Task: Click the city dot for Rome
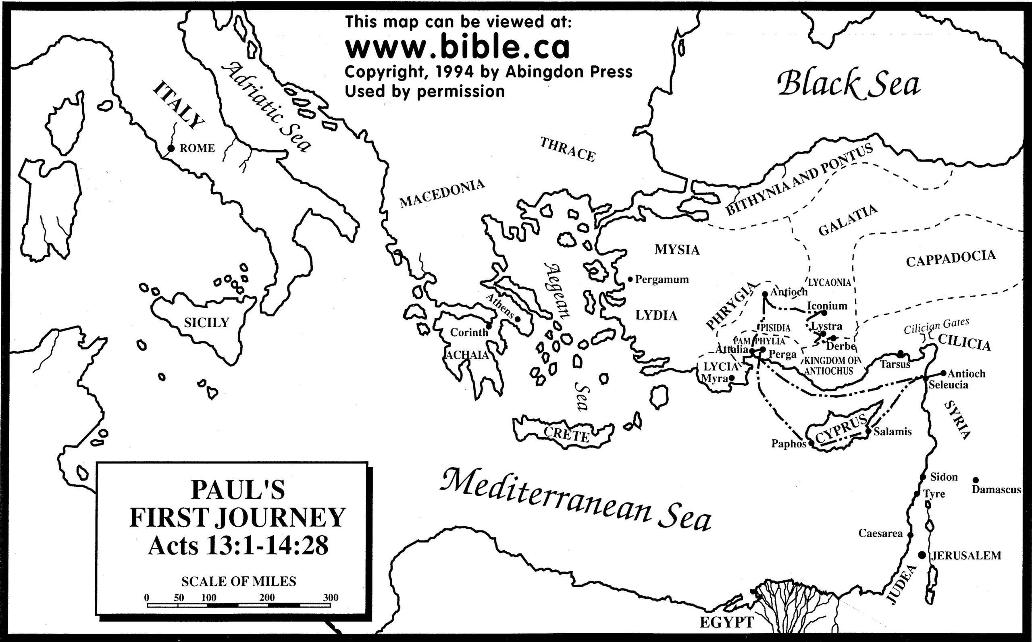click(171, 148)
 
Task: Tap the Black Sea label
click(849, 85)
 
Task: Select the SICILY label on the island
click(206, 323)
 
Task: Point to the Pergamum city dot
click(630, 279)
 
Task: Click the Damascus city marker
click(976, 480)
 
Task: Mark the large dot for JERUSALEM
click(922, 555)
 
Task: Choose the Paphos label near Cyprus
click(789, 444)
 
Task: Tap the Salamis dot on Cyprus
click(868, 431)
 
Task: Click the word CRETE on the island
click(566, 434)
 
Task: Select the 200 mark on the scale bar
click(267, 597)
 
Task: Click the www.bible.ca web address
click(457, 48)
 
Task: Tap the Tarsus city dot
click(900, 354)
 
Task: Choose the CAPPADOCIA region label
click(951, 259)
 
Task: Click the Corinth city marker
click(489, 326)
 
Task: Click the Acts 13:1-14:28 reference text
click(238, 546)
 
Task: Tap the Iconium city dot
click(824, 313)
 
